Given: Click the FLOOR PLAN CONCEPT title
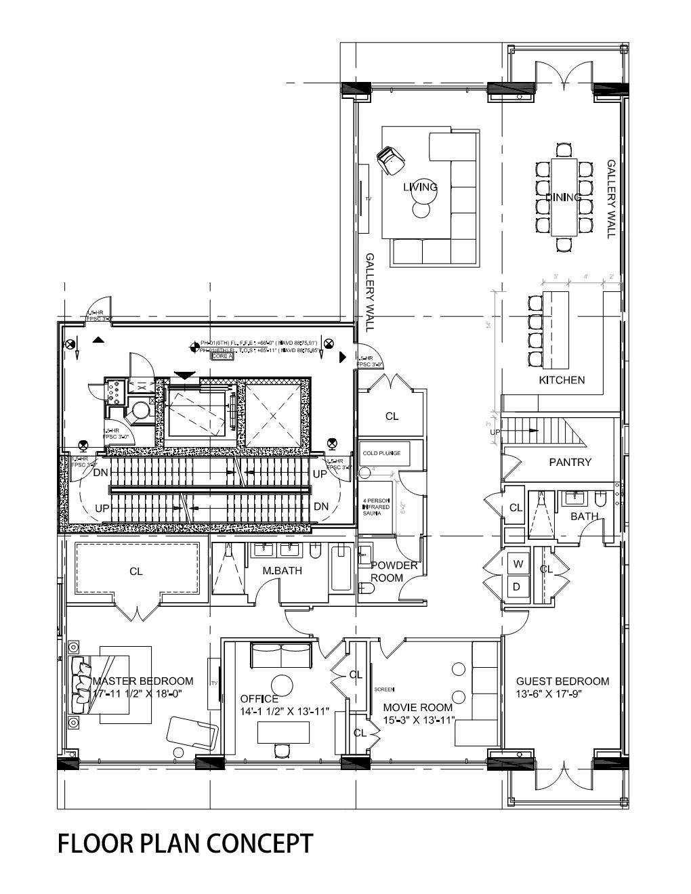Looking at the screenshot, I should click(x=185, y=844).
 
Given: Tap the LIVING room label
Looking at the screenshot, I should click(x=420, y=187).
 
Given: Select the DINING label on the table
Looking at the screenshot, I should click(x=563, y=197).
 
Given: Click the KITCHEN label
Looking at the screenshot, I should click(x=562, y=380).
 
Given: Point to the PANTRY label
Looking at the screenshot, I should click(x=570, y=462).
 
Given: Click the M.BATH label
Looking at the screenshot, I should click(x=282, y=571).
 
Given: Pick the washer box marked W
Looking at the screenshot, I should click(x=518, y=563).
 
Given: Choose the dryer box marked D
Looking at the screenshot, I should click(x=516, y=587).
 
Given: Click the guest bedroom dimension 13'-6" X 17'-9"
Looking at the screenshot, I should click(x=562, y=694).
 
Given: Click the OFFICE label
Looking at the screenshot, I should click(x=259, y=699).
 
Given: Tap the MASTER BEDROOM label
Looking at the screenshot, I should click(x=143, y=681).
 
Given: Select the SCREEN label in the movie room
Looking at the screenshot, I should click(x=383, y=689).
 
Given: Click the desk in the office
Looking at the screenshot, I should click(x=283, y=731).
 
